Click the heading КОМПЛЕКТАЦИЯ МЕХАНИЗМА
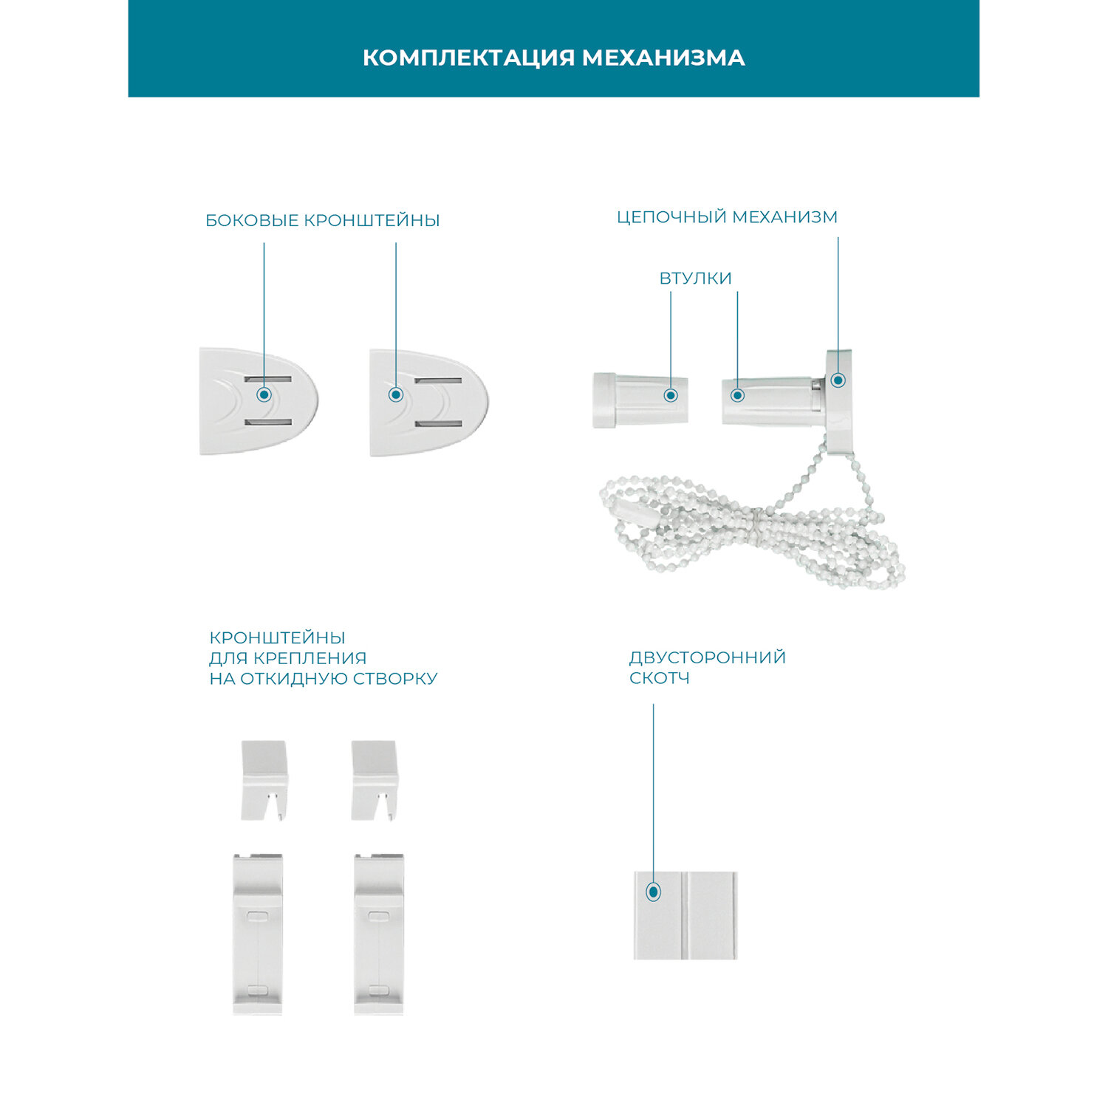coord(553,58)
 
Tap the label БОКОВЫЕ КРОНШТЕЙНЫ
coord(322,220)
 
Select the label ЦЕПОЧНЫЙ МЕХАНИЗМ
coord(727,217)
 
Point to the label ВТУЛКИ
coord(695,278)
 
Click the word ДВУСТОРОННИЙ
coord(707,657)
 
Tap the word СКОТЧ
coord(659,678)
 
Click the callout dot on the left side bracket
coord(264,394)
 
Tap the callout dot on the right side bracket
coord(396,394)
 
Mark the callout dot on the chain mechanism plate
coord(838,380)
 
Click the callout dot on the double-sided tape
coord(653,892)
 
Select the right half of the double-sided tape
coord(711,916)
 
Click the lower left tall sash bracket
coord(258,934)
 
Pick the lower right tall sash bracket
coord(379,934)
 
